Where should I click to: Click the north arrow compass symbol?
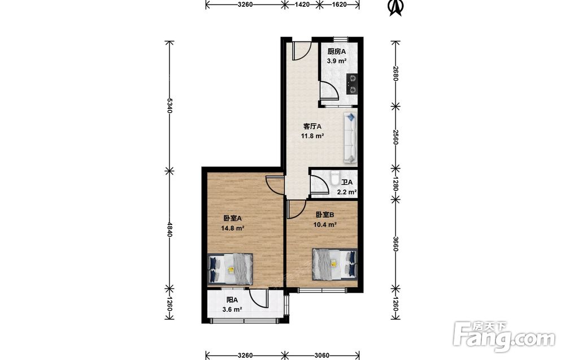[395, 7]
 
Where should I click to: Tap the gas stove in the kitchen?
[351, 84]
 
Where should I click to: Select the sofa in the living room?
[350, 137]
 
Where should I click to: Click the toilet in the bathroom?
[334, 178]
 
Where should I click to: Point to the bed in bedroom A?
[231, 269]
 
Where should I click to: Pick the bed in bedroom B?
[334, 264]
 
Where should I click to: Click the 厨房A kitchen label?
[337, 51]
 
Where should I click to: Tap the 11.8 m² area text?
[312, 136]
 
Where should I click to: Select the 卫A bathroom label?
[347, 183]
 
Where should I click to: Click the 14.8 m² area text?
[233, 228]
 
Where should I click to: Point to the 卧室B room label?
[325, 215]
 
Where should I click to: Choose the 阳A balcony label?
[232, 300]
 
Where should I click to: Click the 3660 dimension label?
[395, 244]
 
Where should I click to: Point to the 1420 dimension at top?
[302, 5]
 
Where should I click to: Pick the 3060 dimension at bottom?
[322, 355]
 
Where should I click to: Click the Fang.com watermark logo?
[504, 337]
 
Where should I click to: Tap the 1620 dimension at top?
[338, 5]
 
